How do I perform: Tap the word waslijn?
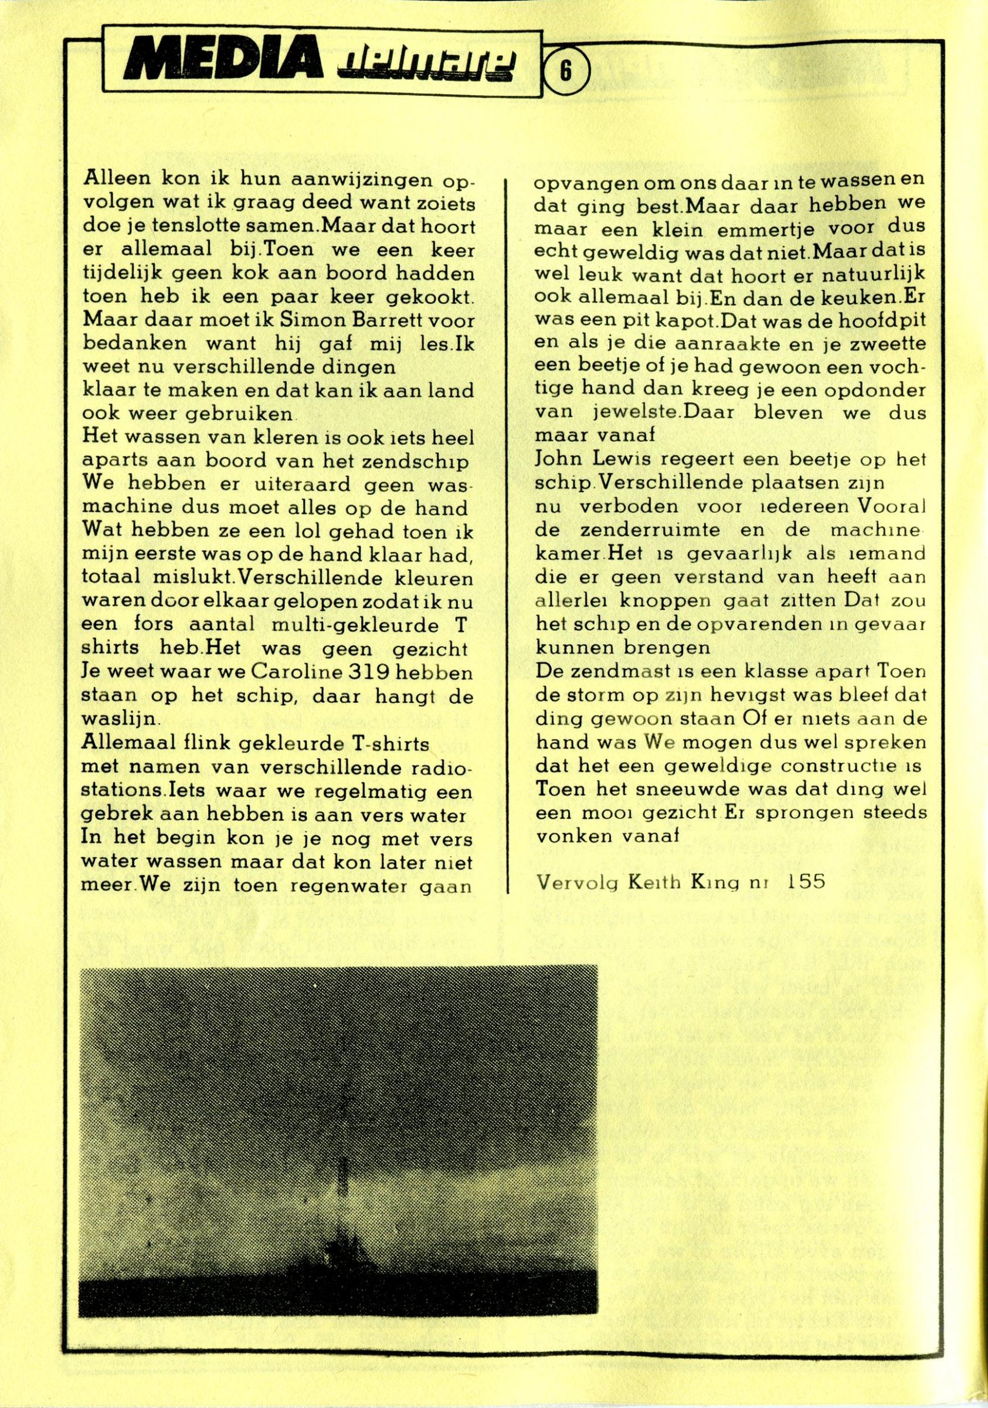click(x=120, y=717)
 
